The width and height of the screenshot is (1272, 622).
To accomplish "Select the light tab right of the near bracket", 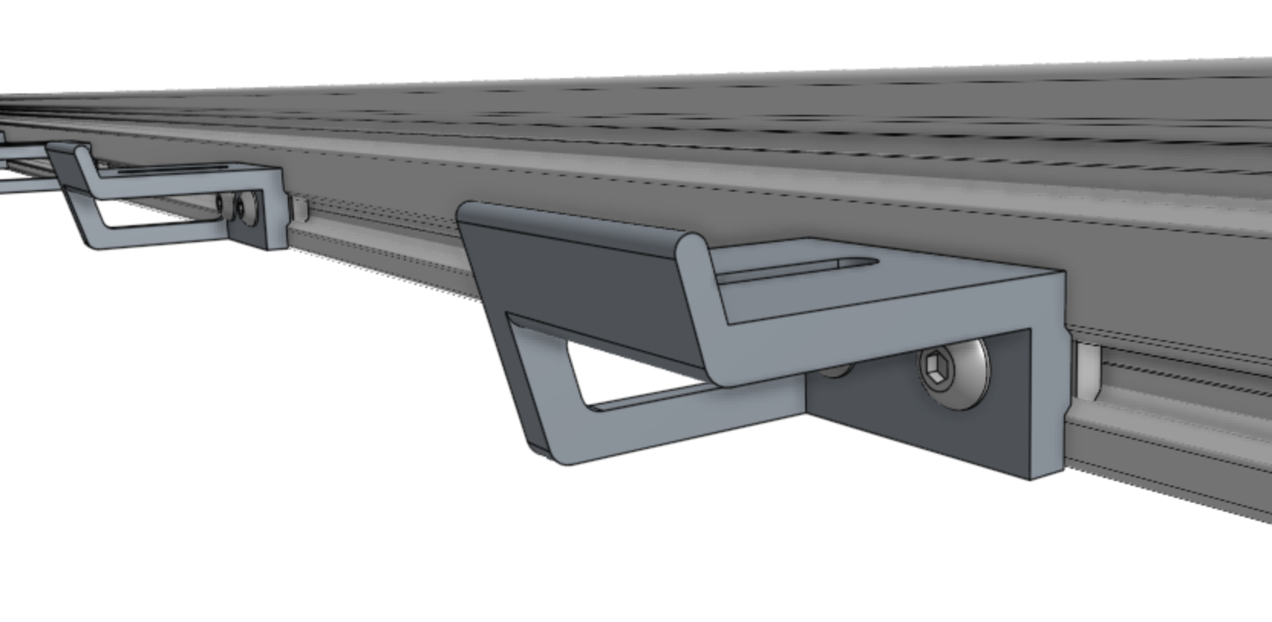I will (x=1087, y=372).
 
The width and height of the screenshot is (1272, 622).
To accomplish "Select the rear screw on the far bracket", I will (x=221, y=204).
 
